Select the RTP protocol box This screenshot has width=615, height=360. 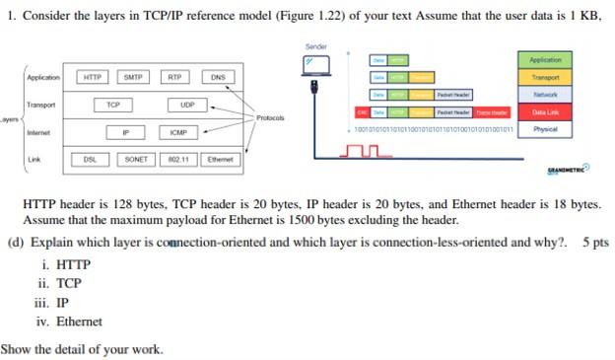[174, 77]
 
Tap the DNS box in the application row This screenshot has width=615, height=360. [218, 77]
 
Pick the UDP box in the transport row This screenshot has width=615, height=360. [187, 105]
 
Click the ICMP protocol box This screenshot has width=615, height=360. [177, 132]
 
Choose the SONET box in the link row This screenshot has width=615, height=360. [136, 159]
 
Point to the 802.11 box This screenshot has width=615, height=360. [178, 159]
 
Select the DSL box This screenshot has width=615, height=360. [90, 159]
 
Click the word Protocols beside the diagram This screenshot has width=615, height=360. [270, 117]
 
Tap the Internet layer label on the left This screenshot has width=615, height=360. [38, 132]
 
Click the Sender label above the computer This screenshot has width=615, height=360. [315, 46]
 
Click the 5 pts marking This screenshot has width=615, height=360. [597, 242]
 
